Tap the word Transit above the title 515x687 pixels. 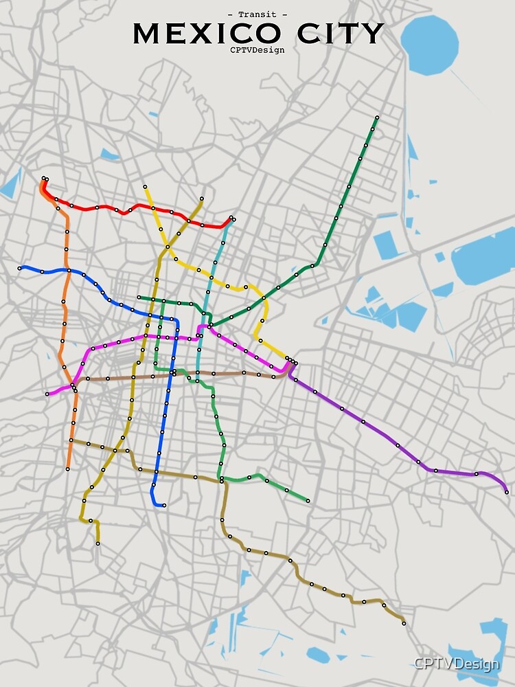[257, 14]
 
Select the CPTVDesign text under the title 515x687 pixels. [257, 49]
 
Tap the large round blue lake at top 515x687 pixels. [429, 44]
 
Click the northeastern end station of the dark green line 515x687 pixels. [377, 117]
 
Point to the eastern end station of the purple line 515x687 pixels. [507, 492]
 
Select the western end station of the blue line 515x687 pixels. [20, 268]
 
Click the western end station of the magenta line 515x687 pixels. [47, 394]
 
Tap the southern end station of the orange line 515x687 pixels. [68, 469]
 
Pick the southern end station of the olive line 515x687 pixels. [98, 543]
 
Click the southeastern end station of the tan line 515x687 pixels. [404, 623]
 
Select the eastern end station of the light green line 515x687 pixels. [308, 500]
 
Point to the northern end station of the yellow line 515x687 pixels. [145, 186]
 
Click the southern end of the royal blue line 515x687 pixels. [164, 505]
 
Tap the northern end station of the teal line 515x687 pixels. [231, 218]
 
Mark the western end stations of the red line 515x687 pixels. [44, 179]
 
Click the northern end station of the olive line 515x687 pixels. [202, 199]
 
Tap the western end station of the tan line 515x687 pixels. [71, 440]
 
